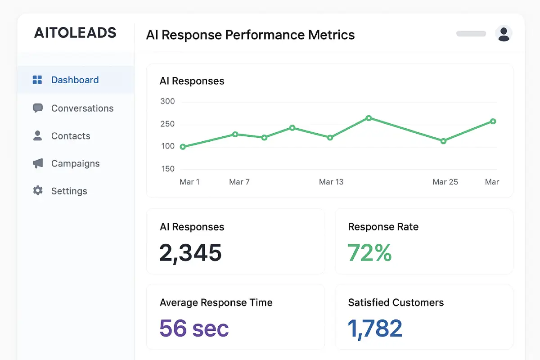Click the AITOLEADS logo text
[x=75, y=33]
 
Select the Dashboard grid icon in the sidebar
[x=37, y=80]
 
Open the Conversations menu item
[x=82, y=108]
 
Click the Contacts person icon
[x=38, y=136]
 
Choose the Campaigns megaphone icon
[x=38, y=163]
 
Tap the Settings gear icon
[x=38, y=191]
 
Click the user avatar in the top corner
[x=504, y=34]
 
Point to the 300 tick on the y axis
[x=167, y=101]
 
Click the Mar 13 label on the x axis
[x=331, y=182]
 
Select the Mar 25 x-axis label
[x=445, y=182]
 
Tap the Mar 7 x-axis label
[x=239, y=182]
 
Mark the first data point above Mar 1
[x=183, y=147]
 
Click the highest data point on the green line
[x=369, y=118]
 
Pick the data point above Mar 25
[x=443, y=141]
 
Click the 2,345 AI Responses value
[x=190, y=252]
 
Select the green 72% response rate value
[x=369, y=252]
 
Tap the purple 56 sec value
[x=194, y=328]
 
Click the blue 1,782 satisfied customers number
[x=375, y=328]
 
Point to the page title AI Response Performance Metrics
[x=250, y=35]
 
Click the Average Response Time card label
[x=216, y=302]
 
